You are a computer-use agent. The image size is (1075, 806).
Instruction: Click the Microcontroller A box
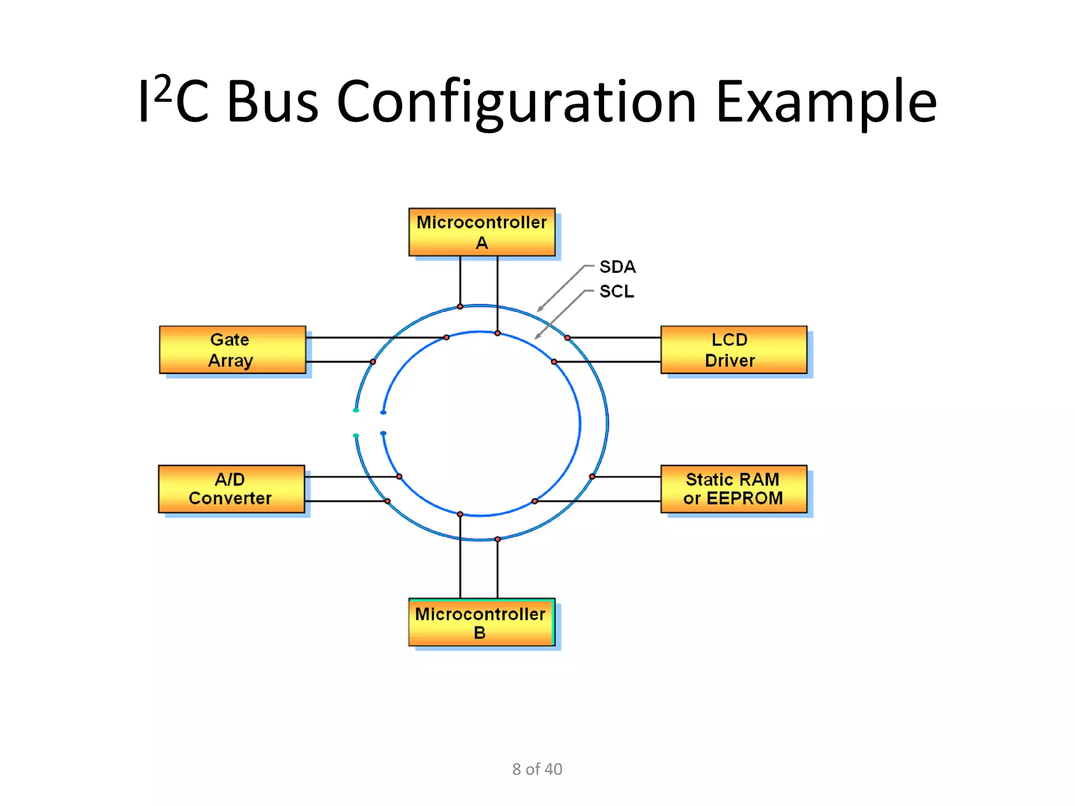tap(481, 232)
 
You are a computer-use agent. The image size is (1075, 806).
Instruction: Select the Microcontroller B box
tap(481, 622)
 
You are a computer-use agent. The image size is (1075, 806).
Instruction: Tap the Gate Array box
tap(232, 349)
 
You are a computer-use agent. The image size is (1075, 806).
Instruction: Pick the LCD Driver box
tap(733, 349)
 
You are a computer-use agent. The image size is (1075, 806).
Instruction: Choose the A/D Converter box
tap(231, 489)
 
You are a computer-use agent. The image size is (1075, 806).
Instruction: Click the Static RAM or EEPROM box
tap(733, 489)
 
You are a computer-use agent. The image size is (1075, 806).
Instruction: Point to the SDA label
tap(617, 267)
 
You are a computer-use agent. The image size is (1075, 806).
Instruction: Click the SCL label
tap(617, 291)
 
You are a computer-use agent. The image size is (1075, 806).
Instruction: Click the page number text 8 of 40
tap(537, 769)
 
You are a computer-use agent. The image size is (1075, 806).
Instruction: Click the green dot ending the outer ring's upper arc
tap(356, 410)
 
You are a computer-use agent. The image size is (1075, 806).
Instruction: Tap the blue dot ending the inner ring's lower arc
tap(383, 433)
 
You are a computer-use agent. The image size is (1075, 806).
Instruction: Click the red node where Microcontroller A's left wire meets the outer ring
tap(460, 306)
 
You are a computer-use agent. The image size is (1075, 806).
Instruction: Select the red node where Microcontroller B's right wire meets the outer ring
tap(498, 539)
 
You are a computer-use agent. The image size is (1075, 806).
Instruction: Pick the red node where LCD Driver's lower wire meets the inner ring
tap(554, 362)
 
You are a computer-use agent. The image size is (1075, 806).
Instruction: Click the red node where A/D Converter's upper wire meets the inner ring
tap(399, 476)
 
